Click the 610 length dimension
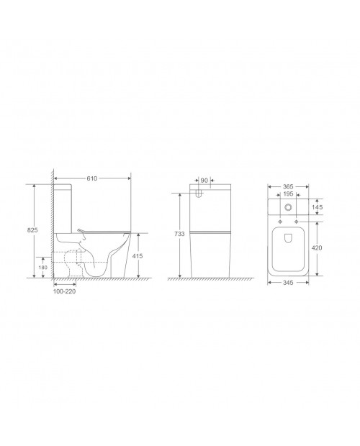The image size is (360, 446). click(92, 178)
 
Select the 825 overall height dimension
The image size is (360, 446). click(32, 230)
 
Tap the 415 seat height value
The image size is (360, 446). click(138, 256)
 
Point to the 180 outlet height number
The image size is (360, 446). click(43, 268)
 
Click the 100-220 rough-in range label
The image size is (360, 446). click(64, 291)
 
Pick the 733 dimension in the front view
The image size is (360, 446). click(179, 234)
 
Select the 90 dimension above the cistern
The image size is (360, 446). click(204, 181)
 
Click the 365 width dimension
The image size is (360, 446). click(288, 186)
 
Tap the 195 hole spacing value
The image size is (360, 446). click(288, 194)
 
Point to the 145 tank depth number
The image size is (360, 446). click(317, 207)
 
